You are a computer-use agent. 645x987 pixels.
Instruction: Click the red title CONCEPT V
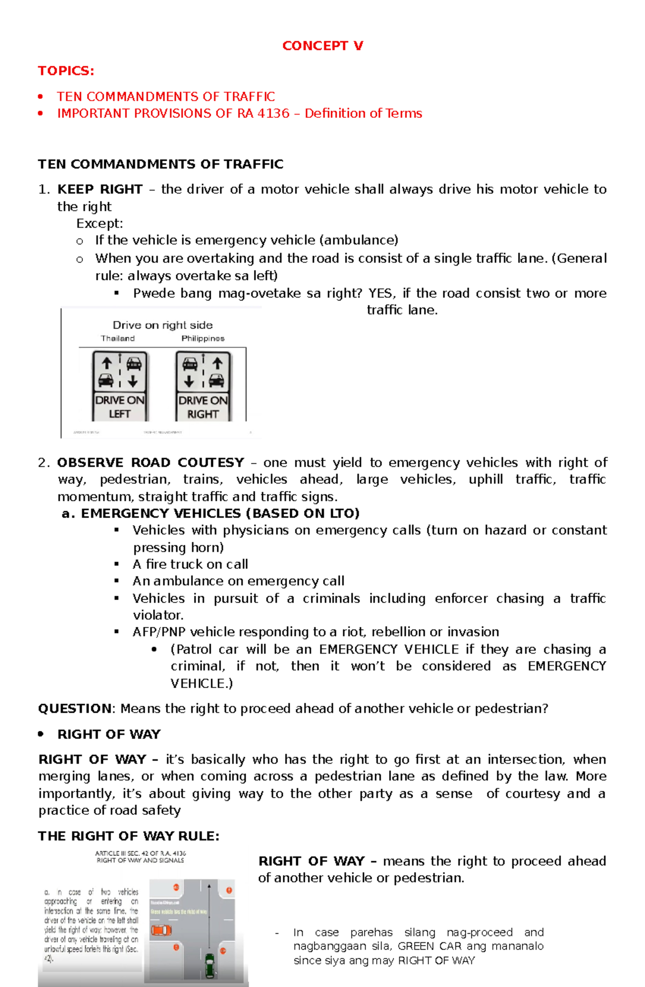(322, 46)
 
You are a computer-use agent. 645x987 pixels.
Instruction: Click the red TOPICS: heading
(66, 71)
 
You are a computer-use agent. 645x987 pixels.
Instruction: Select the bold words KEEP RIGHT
(100, 189)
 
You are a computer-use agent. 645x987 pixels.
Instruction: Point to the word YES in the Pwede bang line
(382, 293)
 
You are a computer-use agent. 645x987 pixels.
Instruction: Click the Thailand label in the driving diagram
(118, 338)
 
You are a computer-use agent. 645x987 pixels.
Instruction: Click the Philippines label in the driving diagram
(203, 338)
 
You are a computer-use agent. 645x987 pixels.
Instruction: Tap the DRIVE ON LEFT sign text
(120, 407)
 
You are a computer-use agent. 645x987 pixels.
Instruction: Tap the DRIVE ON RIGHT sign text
(203, 407)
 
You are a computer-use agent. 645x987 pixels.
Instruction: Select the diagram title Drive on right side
(162, 325)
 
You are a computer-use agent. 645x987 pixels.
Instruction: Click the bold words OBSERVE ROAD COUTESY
(150, 463)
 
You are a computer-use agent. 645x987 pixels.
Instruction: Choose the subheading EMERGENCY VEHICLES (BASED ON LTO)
(220, 513)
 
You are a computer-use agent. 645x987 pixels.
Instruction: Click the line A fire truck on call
(190, 564)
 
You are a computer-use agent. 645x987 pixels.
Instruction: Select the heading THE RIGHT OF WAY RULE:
(128, 836)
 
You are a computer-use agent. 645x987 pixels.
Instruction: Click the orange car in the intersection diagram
(161, 930)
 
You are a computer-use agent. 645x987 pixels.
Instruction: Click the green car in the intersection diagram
(210, 965)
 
